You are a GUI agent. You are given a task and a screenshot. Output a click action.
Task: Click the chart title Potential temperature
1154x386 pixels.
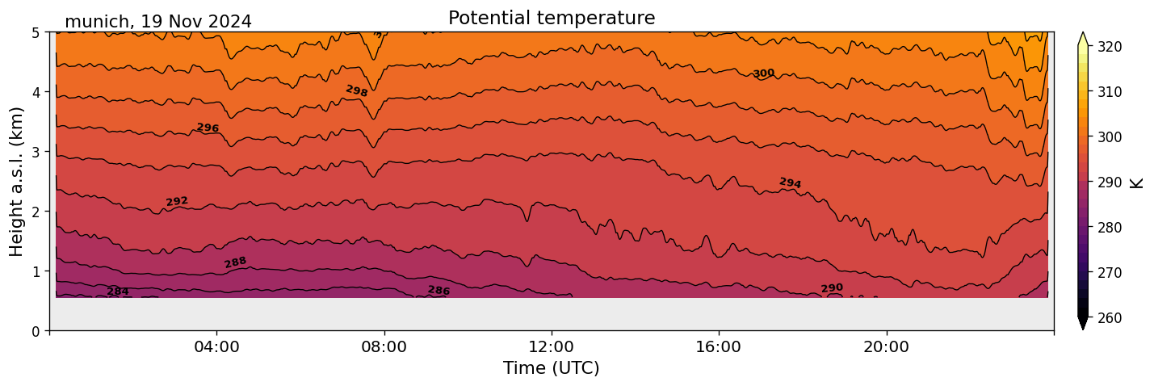click(552, 18)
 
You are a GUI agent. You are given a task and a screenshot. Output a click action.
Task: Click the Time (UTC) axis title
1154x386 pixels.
click(552, 368)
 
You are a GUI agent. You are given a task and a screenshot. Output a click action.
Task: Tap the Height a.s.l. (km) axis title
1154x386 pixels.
click(17, 181)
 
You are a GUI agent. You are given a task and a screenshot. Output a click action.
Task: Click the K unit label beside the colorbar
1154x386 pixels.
click(1137, 183)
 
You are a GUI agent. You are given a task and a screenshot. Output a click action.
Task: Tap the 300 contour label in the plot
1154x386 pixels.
click(763, 73)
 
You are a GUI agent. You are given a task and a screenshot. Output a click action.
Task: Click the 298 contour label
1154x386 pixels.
click(357, 91)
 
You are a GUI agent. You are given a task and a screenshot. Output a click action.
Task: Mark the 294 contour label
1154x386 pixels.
click(790, 183)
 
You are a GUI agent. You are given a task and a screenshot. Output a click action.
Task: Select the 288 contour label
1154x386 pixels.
click(235, 262)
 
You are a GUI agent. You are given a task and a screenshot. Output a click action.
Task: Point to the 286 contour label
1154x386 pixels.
click(439, 291)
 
